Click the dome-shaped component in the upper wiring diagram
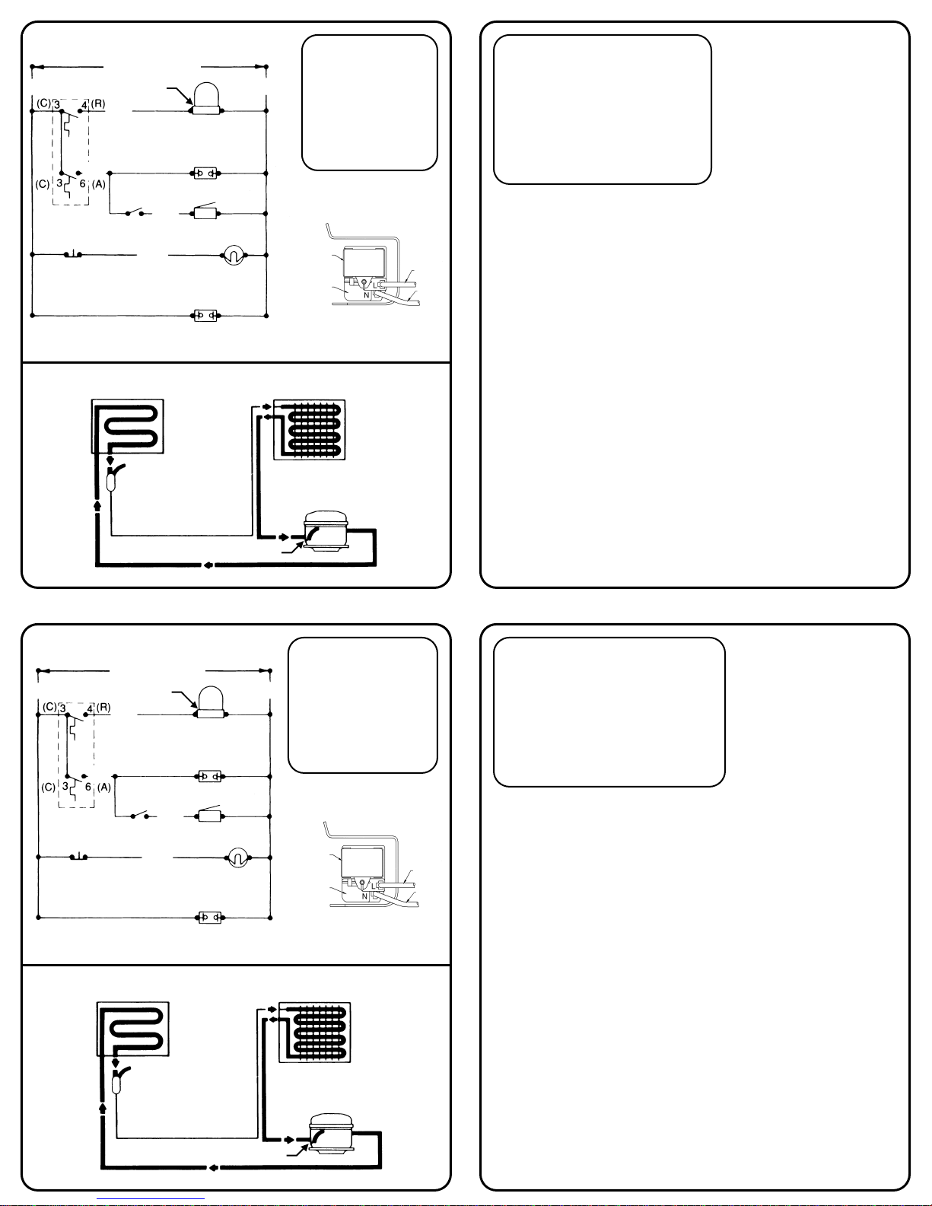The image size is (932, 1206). [x=205, y=99]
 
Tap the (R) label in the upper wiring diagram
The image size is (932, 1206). [x=98, y=103]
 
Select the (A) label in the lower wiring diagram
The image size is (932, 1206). [x=103, y=787]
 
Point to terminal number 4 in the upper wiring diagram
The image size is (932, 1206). [x=84, y=105]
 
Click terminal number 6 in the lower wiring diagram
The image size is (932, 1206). [x=87, y=787]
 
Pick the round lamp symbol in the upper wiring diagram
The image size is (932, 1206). [x=234, y=256]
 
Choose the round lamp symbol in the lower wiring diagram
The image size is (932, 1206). [x=238, y=858]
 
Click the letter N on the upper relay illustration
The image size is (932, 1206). [x=366, y=295]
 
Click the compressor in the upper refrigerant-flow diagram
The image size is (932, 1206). [x=326, y=531]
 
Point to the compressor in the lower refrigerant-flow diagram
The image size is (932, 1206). [x=331, y=1134]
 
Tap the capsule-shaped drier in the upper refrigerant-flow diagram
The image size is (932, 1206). [x=111, y=479]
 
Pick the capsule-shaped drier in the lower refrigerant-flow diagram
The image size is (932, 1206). [x=116, y=1082]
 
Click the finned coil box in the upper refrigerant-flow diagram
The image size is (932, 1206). [x=309, y=430]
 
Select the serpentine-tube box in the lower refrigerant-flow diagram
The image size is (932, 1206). [x=132, y=1029]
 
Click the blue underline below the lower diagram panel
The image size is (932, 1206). [x=151, y=1199]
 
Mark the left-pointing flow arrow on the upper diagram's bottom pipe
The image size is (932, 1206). [x=208, y=565]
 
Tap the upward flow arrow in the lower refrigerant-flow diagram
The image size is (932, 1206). [x=102, y=1106]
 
